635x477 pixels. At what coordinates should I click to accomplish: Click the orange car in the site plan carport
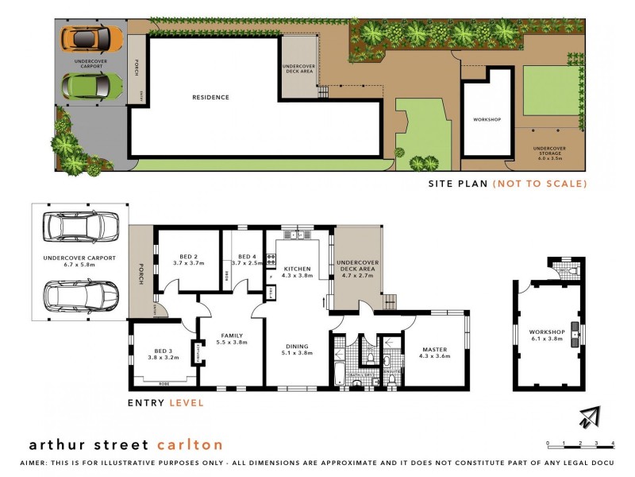tap(93, 37)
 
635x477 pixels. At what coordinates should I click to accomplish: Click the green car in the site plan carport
tap(92, 83)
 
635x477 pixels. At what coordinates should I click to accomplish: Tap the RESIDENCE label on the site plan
tap(210, 98)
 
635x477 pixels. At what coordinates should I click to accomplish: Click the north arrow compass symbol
tap(589, 417)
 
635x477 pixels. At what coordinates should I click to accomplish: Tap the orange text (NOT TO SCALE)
tap(540, 184)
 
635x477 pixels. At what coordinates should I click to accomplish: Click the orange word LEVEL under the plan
tap(187, 403)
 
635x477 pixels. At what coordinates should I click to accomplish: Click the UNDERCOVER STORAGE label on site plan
tap(548, 151)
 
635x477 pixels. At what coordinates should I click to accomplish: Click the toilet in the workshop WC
tap(575, 271)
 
